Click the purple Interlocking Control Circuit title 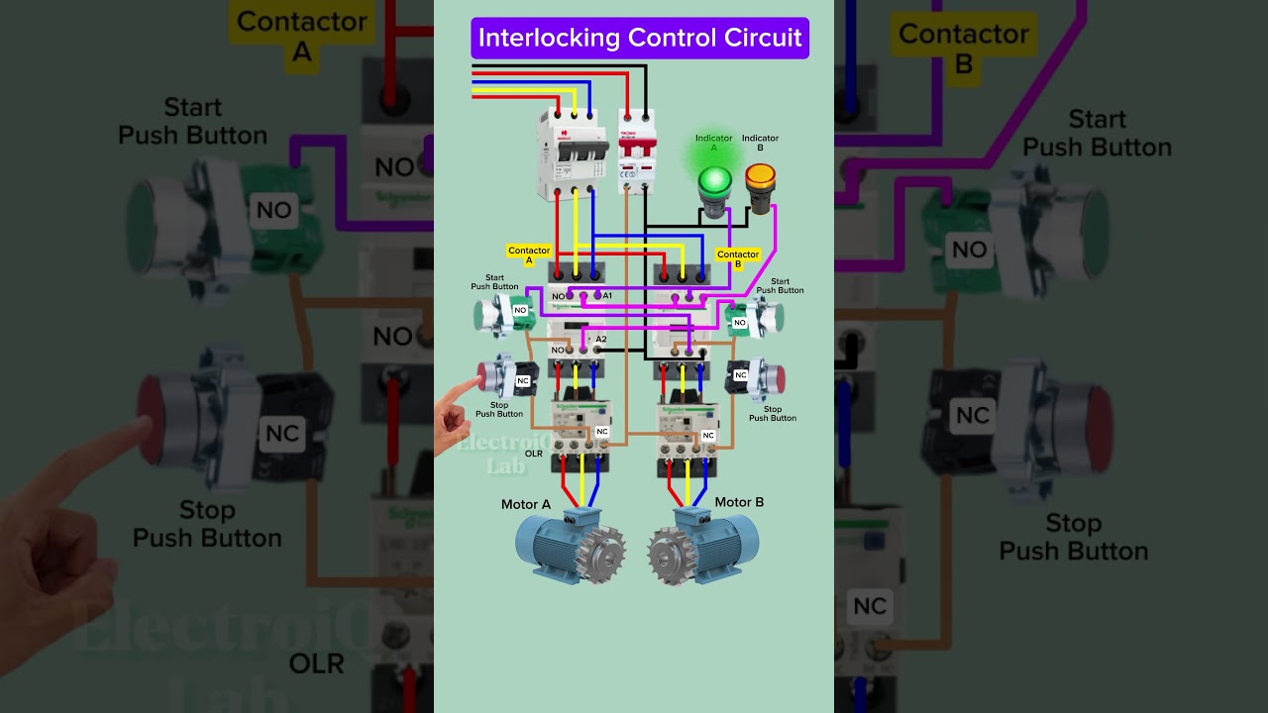pyautogui.click(x=639, y=39)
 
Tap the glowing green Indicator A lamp pyautogui.click(x=714, y=182)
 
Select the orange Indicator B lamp pyautogui.click(x=760, y=178)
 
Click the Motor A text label pyautogui.click(x=525, y=505)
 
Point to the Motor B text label pyautogui.click(x=739, y=502)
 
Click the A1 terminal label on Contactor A pyautogui.click(x=607, y=296)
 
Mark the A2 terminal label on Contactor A pyautogui.click(x=601, y=340)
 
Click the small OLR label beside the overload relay pyautogui.click(x=533, y=454)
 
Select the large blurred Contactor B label pyautogui.click(x=963, y=48)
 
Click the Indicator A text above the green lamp pyautogui.click(x=713, y=143)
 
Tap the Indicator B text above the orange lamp pyautogui.click(x=760, y=143)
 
